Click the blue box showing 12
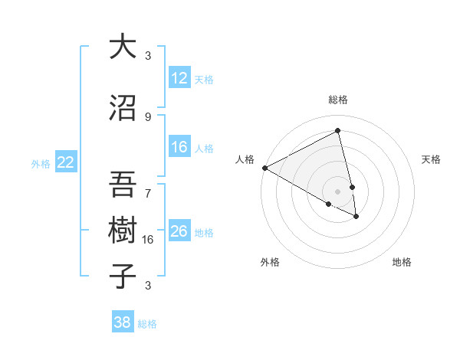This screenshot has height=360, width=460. click(179, 78)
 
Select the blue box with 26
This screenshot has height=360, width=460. click(179, 231)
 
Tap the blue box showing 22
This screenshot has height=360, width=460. click(66, 162)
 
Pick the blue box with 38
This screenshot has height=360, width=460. click(123, 323)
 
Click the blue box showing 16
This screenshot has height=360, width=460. click(179, 147)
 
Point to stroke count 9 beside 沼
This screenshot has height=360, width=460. click(148, 116)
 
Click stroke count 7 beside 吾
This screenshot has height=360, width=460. click(148, 185)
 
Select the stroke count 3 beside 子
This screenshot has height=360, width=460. click(148, 285)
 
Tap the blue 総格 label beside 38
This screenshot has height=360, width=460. click(147, 324)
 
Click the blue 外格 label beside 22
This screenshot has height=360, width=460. click(41, 163)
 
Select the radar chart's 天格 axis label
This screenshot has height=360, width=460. click(431, 159)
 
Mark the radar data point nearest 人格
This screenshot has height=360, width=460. click(264, 168)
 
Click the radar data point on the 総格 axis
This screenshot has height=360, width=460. click(337, 130)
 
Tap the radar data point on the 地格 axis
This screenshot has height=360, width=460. click(356, 217)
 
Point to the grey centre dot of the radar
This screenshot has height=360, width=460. click(337, 191)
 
